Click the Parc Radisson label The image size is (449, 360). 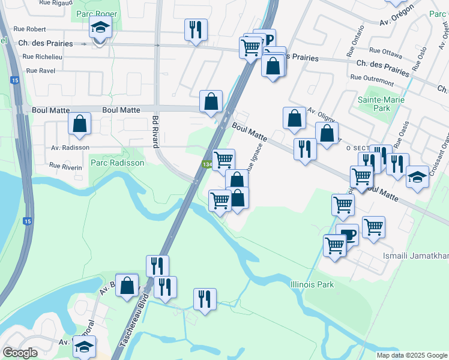click(x=117, y=163)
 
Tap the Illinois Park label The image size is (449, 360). click(x=312, y=284)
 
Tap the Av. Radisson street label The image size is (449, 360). click(x=70, y=147)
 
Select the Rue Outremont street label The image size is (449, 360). click(x=372, y=77)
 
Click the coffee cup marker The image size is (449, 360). click(x=347, y=235)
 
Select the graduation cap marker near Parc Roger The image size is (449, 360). click(x=100, y=28)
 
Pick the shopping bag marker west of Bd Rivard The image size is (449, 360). click(x=79, y=124)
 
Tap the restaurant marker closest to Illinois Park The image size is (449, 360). click(x=205, y=299)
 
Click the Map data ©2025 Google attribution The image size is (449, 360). click(x=412, y=355)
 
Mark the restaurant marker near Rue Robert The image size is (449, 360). click(x=195, y=29)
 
